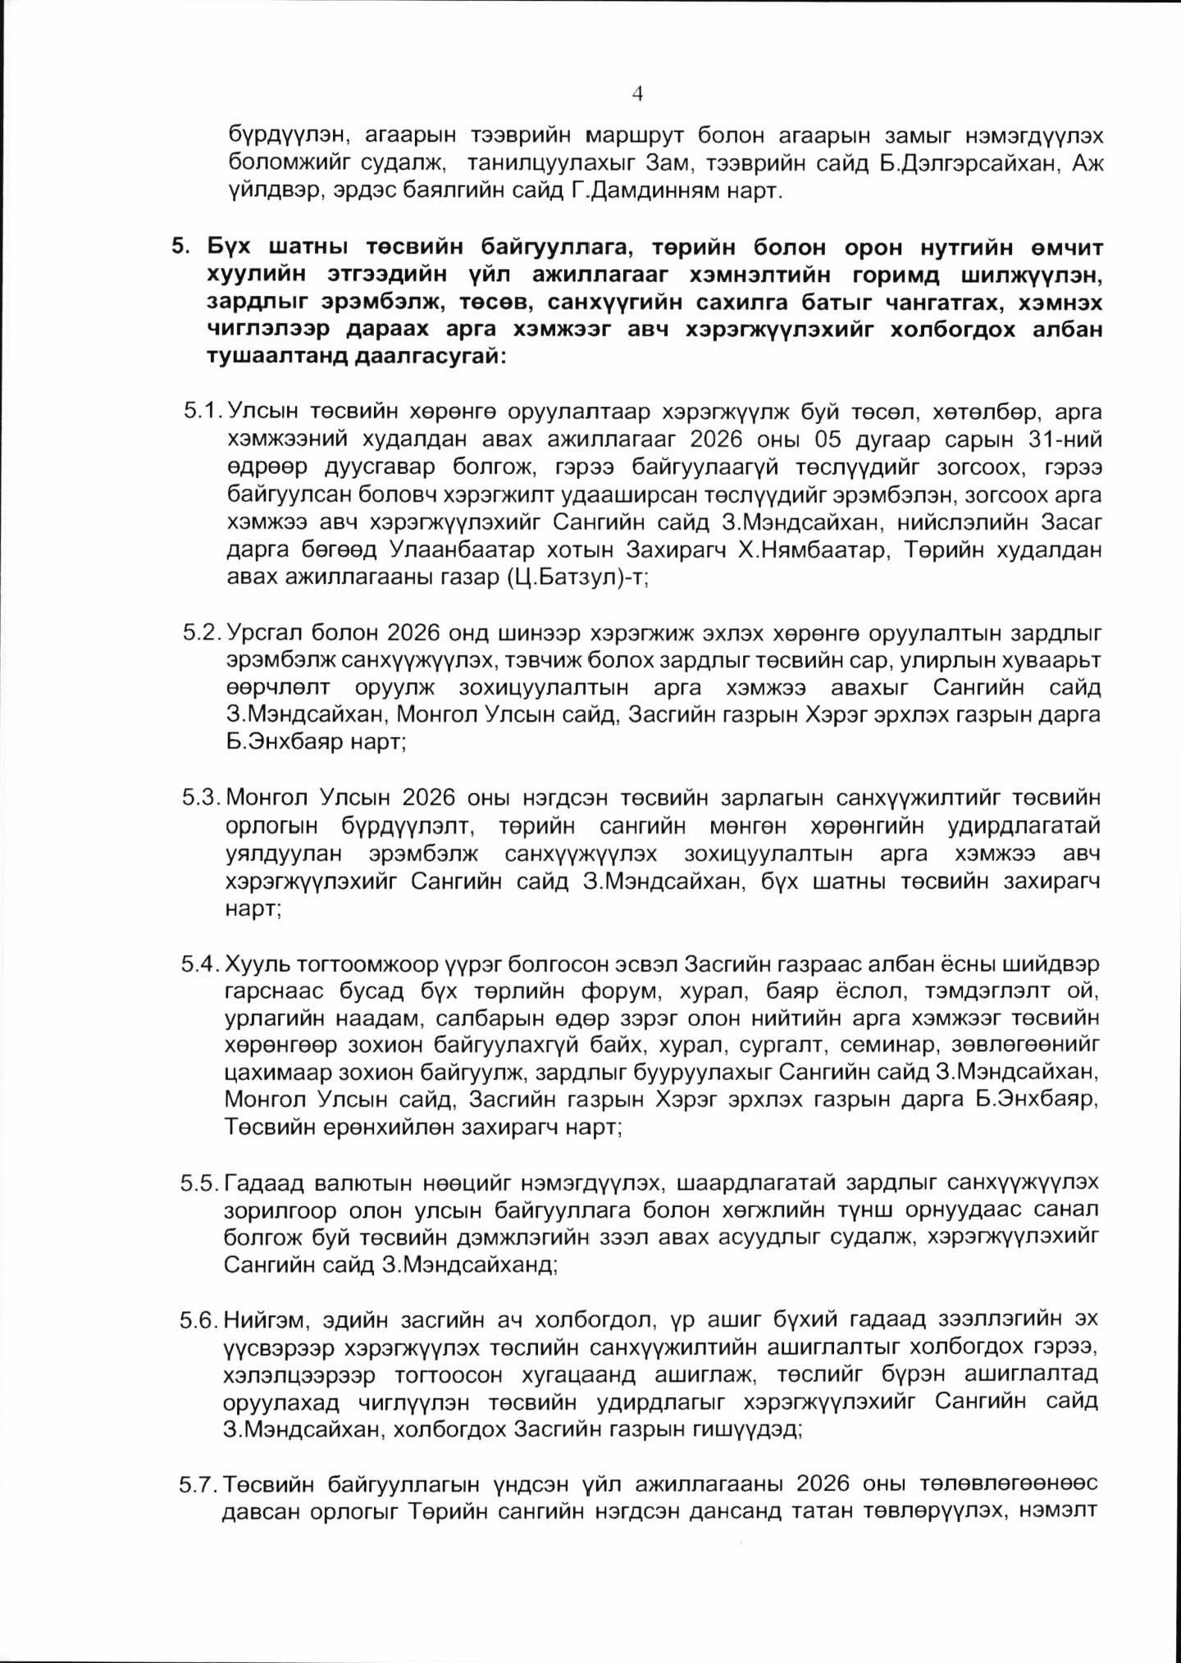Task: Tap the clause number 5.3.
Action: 202,797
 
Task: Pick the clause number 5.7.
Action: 200,1484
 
